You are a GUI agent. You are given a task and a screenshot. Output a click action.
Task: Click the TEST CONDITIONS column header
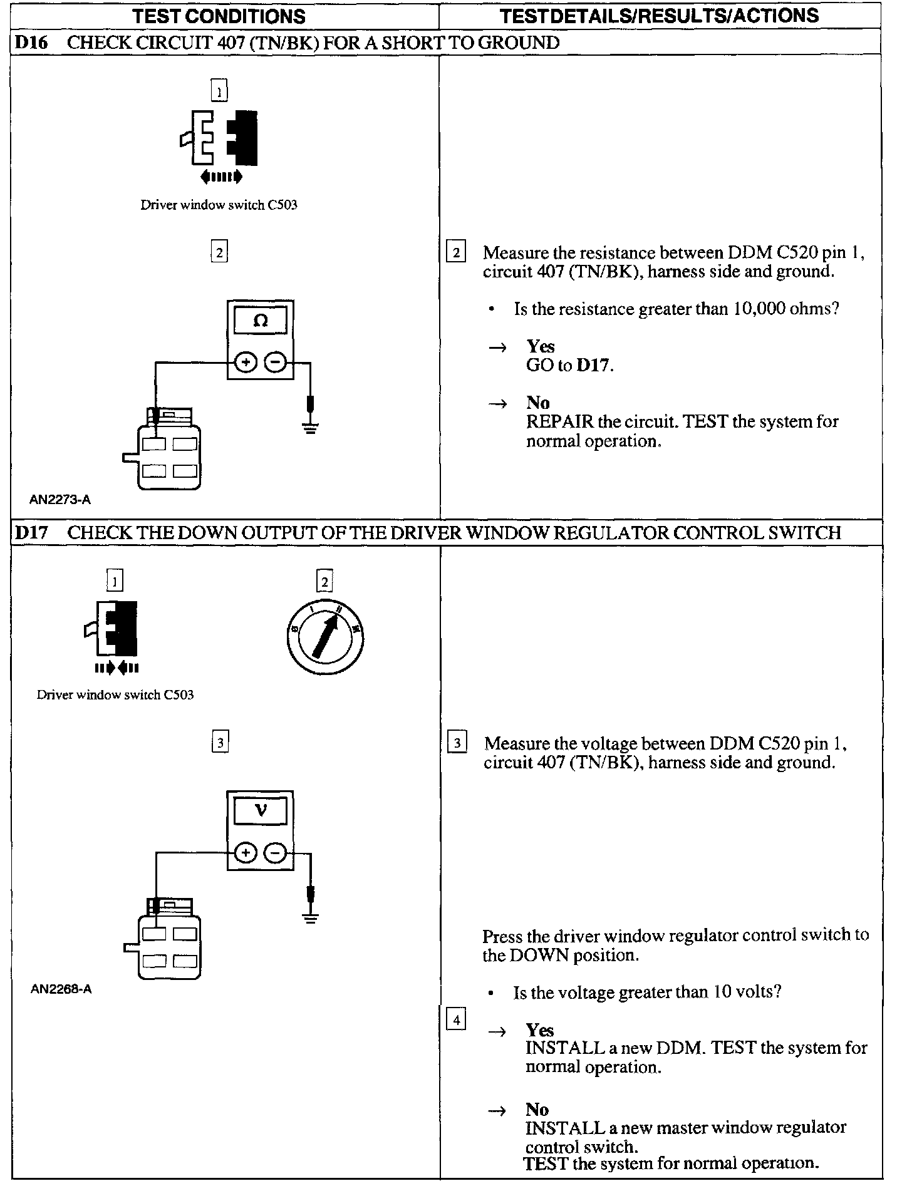tap(219, 16)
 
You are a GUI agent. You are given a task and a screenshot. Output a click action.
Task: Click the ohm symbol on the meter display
tap(261, 321)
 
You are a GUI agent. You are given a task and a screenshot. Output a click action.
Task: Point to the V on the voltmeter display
tap(261, 811)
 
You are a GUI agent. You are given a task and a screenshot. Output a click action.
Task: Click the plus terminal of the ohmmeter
tap(246, 362)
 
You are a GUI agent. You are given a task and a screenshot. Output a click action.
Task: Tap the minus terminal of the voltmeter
tap(276, 852)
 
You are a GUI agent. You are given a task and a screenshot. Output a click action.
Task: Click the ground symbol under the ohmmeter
tap(310, 427)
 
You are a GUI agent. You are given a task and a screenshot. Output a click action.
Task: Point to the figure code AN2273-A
tap(60, 500)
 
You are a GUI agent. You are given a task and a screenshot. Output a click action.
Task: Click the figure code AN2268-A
tap(61, 990)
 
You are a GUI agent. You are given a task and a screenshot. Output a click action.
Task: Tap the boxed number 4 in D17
tap(456, 1021)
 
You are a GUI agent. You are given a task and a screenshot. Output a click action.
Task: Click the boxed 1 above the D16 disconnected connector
tap(219, 91)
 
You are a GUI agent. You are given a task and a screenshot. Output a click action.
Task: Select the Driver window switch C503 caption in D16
tap(219, 205)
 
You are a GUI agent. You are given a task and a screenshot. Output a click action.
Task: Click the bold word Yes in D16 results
tap(541, 346)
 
